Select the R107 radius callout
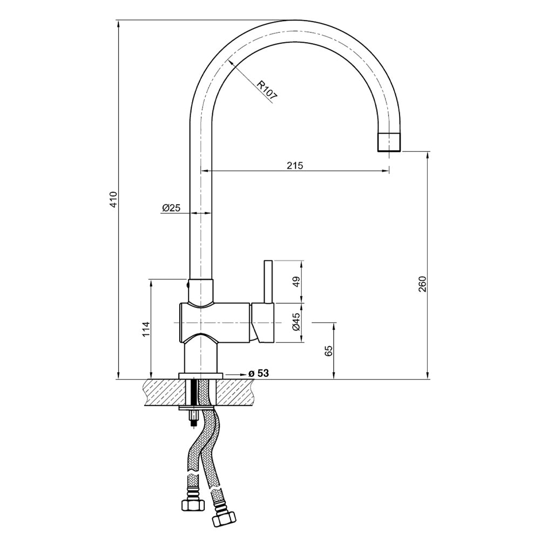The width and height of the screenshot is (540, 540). [266, 91]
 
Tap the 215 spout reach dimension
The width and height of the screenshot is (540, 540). [294, 166]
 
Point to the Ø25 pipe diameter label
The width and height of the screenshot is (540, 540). [171, 208]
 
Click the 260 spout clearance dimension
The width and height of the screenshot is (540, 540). [422, 283]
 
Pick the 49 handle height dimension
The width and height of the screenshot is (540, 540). [295, 281]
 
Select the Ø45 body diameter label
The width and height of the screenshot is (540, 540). [295, 322]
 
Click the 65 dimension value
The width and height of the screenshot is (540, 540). [329, 351]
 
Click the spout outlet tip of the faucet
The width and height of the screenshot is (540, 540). [389, 142]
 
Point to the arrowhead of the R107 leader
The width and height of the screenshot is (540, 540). [231, 62]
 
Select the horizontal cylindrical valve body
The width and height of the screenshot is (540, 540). [216, 322]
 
